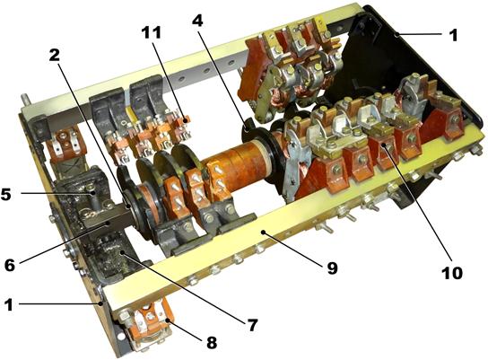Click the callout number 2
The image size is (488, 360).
coord(54,56)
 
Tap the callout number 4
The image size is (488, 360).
coord(197,21)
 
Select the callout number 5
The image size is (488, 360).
coord(6,194)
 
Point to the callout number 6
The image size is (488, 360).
coord(10,265)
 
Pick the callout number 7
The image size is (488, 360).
coord(252,325)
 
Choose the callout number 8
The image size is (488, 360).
coord(212,343)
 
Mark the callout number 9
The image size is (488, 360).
coord(332,268)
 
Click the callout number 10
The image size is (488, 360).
coord(452,273)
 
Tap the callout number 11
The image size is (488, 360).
coord(152,32)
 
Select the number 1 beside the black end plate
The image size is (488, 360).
coord(454,35)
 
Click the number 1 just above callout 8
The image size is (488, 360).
coord(9,304)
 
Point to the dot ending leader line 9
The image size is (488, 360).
coord(264,232)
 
